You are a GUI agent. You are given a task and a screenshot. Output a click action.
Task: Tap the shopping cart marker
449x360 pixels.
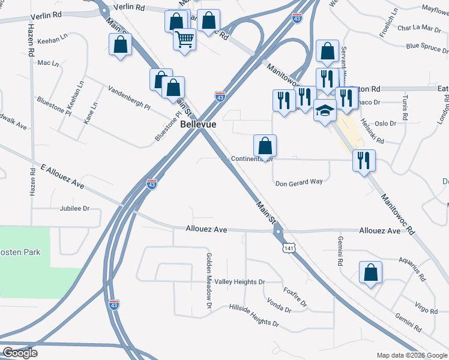coord(184,40)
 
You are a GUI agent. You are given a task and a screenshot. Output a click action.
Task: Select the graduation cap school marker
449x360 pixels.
coord(324,110)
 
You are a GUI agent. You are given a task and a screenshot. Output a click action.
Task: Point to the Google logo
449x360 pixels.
coord(20,353)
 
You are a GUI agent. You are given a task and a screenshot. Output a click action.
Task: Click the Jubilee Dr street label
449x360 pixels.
coord(74,209)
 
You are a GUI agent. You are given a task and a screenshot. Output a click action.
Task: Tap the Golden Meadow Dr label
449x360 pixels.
coord(209,281)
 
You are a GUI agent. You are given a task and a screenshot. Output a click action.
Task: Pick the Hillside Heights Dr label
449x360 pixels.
coord(254,315)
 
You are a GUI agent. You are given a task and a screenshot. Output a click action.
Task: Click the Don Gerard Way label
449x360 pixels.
coord(298,183)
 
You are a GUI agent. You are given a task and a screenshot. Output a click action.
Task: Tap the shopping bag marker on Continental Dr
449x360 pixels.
coord(265,146)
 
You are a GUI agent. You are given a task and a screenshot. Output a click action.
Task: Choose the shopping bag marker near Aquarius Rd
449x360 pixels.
coord(370,272)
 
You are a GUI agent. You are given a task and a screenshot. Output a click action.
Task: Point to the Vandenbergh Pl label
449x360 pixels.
coord(128,99)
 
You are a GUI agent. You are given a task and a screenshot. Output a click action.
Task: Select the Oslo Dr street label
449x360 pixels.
coord(385,124)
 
